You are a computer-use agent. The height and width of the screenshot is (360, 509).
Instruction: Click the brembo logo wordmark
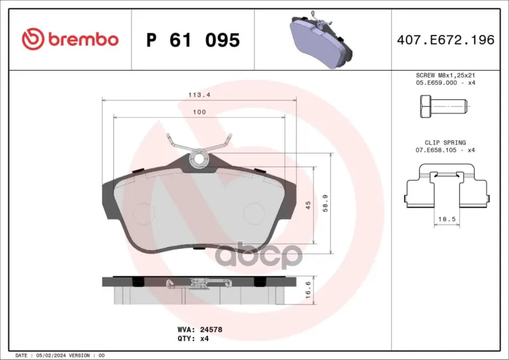coord(83,39)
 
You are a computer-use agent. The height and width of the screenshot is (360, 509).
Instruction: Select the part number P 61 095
coord(193,40)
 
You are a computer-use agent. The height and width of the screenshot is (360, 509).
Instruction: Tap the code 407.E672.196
coord(446,39)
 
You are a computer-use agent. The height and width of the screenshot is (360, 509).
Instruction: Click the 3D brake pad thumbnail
coord(320,39)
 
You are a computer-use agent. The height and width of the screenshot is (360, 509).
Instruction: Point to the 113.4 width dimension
coord(199,95)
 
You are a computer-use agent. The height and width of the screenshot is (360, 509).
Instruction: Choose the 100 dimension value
coord(199,112)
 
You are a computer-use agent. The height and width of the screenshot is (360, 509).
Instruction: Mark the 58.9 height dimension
coord(325,203)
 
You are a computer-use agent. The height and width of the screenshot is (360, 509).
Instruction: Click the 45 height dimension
coord(308,205)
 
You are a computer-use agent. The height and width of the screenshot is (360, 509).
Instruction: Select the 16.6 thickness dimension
coord(308,290)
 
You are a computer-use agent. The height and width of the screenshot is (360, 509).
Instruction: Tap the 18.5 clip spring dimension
coord(447,219)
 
